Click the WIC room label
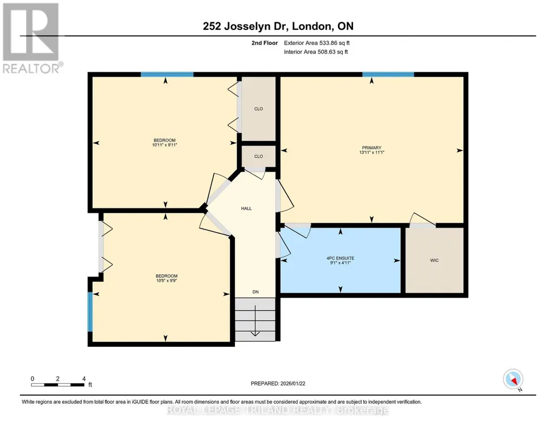click(434, 261)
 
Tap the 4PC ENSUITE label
click(341, 258)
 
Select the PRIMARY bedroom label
click(372, 148)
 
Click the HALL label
click(246, 208)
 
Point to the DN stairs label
click(255, 292)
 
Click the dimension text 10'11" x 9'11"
click(164, 145)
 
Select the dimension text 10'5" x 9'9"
click(167, 281)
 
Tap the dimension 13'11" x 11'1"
click(372, 152)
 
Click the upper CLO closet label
click(259, 109)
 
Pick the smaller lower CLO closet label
click(259, 156)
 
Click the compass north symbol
click(513, 379)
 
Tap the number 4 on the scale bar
click(84, 379)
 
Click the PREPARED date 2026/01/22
click(293, 383)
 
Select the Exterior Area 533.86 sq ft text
click(317, 43)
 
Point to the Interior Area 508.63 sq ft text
click(316, 52)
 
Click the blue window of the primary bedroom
click(388, 74)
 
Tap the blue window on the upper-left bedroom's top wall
click(167, 74)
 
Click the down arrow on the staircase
click(255, 320)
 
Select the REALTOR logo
click(31, 38)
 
